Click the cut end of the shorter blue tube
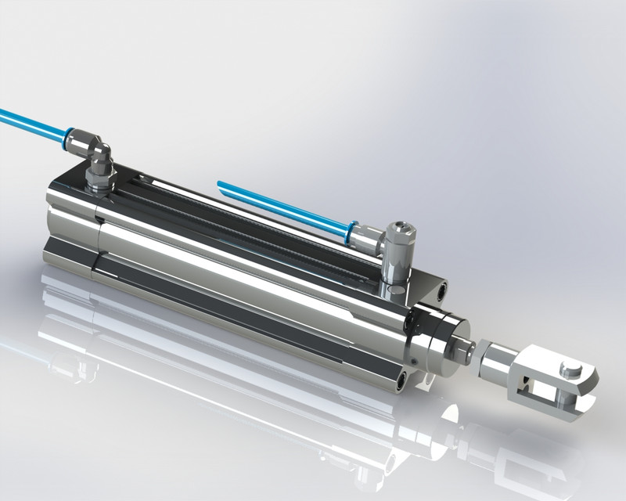pos(220,185)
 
